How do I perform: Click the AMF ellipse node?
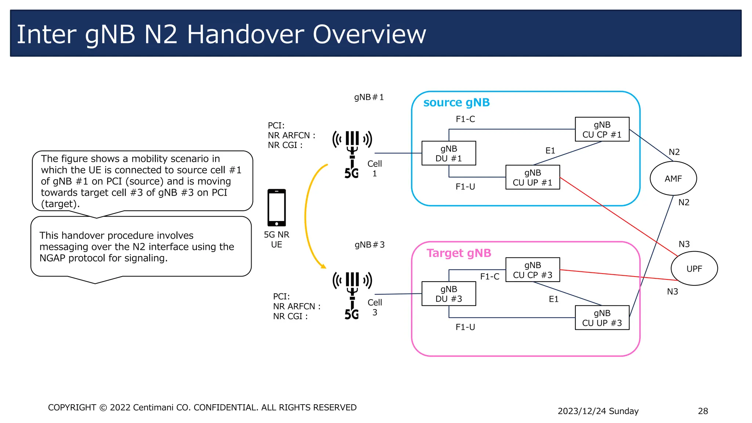[x=673, y=178]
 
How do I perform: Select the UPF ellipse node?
[x=694, y=268]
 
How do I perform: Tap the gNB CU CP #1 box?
[x=602, y=130]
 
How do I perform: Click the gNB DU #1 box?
[x=449, y=153]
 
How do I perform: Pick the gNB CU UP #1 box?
[x=532, y=177]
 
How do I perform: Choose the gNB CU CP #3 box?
[x=532, y=270]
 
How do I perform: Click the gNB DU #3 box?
[x=449, y=294]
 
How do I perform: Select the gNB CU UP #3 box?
[x=602, y=318]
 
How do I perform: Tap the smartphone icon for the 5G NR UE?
[x=276, y=208]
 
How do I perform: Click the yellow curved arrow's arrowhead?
[x=323, y=266]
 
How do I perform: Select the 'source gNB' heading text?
[x=456, y=102]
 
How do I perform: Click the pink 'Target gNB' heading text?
[x=459, y=253]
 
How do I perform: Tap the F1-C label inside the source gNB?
[x=465, y=119]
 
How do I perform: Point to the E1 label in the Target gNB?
[x=553, y=299]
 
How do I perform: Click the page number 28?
[x=703, y=411]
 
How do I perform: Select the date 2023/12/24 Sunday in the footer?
[x=598, y=411]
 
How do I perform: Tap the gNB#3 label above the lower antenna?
[x=369, y=245]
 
